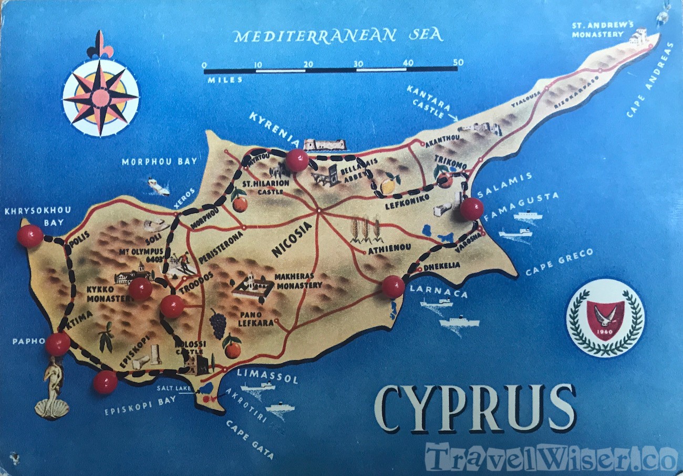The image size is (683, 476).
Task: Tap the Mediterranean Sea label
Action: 338,35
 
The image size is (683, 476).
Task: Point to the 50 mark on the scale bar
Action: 458,63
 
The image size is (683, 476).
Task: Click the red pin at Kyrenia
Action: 297,160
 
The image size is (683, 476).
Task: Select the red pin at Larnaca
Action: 393,287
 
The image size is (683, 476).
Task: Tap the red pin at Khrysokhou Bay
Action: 30,236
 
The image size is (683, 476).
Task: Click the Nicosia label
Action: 292,239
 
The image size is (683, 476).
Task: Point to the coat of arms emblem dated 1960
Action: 605,318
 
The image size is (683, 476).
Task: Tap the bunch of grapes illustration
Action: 218,323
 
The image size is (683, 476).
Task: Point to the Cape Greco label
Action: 560,261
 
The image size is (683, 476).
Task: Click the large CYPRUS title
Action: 474,409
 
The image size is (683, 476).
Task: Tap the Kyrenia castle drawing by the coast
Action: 325,145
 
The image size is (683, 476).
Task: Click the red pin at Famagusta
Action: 471,209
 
